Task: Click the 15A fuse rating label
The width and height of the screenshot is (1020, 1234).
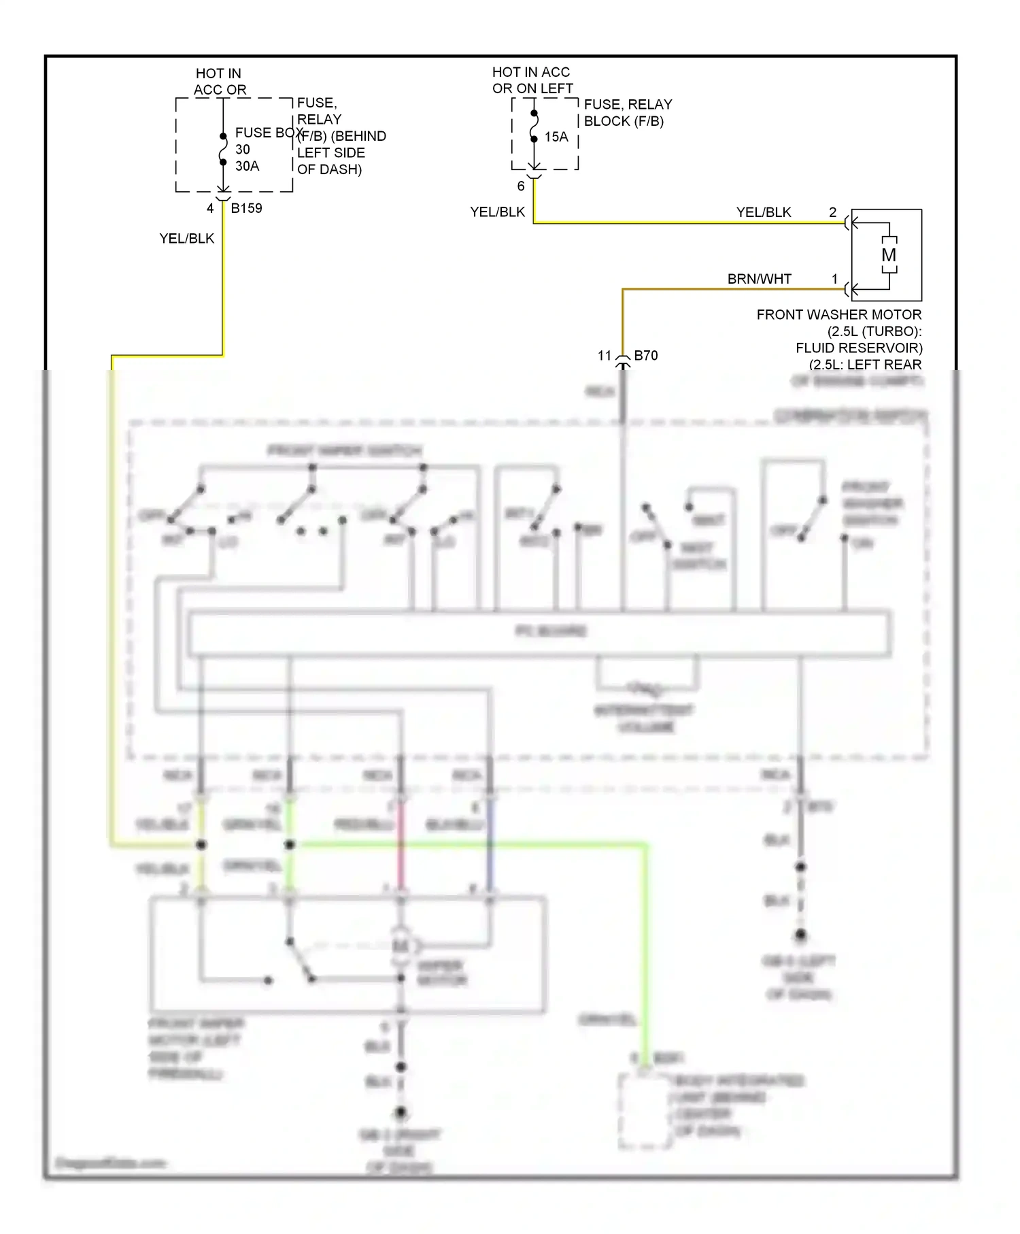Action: click(x=556, y=137)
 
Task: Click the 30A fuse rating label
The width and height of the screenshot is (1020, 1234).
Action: click(x=247, y=166)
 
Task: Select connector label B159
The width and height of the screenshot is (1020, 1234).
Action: click(x=246, y=208)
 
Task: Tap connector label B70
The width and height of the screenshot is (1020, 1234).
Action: click(x=645, y=355)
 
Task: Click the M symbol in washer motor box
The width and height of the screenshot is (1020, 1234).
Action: click(x=889, y=255)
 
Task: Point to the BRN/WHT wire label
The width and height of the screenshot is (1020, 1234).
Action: click(x=759, y=279)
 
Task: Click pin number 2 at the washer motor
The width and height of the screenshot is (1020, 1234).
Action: click(x=832, y=212)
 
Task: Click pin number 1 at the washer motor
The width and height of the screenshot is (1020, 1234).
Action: click(x=834, y=279)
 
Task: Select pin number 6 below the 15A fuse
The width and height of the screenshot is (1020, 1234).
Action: click(x=521, y=186)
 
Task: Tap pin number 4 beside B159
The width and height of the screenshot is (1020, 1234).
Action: click(x=210, y=208)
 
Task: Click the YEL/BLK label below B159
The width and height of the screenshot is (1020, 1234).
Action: click(x=186, y=238)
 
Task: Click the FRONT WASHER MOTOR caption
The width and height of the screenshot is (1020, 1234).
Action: click(x=838, y=314)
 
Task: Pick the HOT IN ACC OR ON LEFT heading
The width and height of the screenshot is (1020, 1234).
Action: click(x=532, y=80)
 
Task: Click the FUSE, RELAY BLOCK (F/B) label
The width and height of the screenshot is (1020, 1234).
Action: click(x=628, y=112)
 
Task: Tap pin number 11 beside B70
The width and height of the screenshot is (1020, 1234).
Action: click(x=605, y=355)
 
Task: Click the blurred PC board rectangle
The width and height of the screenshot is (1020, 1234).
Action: click(x=539, y=633)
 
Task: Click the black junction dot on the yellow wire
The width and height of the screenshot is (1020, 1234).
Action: click(x=201, y=845)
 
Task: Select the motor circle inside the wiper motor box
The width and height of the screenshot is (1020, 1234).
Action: click(x=401, y=946)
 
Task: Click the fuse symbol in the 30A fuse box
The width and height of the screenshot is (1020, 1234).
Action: click(x=222, y=149)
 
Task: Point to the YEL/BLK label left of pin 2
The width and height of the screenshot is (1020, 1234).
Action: click(x=763, y=212)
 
